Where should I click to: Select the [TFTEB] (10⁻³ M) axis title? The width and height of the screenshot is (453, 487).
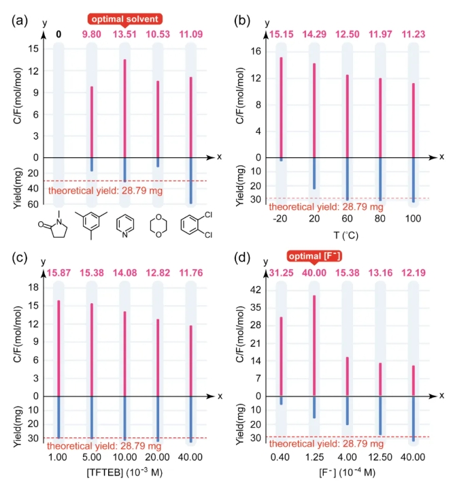[124, 469]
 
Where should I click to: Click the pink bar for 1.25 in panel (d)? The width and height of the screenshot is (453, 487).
[314, 345]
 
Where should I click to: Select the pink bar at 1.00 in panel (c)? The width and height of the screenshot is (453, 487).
[59, 347]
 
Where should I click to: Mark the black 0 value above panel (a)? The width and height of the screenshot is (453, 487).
[58, 33]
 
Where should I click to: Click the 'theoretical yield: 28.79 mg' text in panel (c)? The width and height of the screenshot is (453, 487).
[104, 445]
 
